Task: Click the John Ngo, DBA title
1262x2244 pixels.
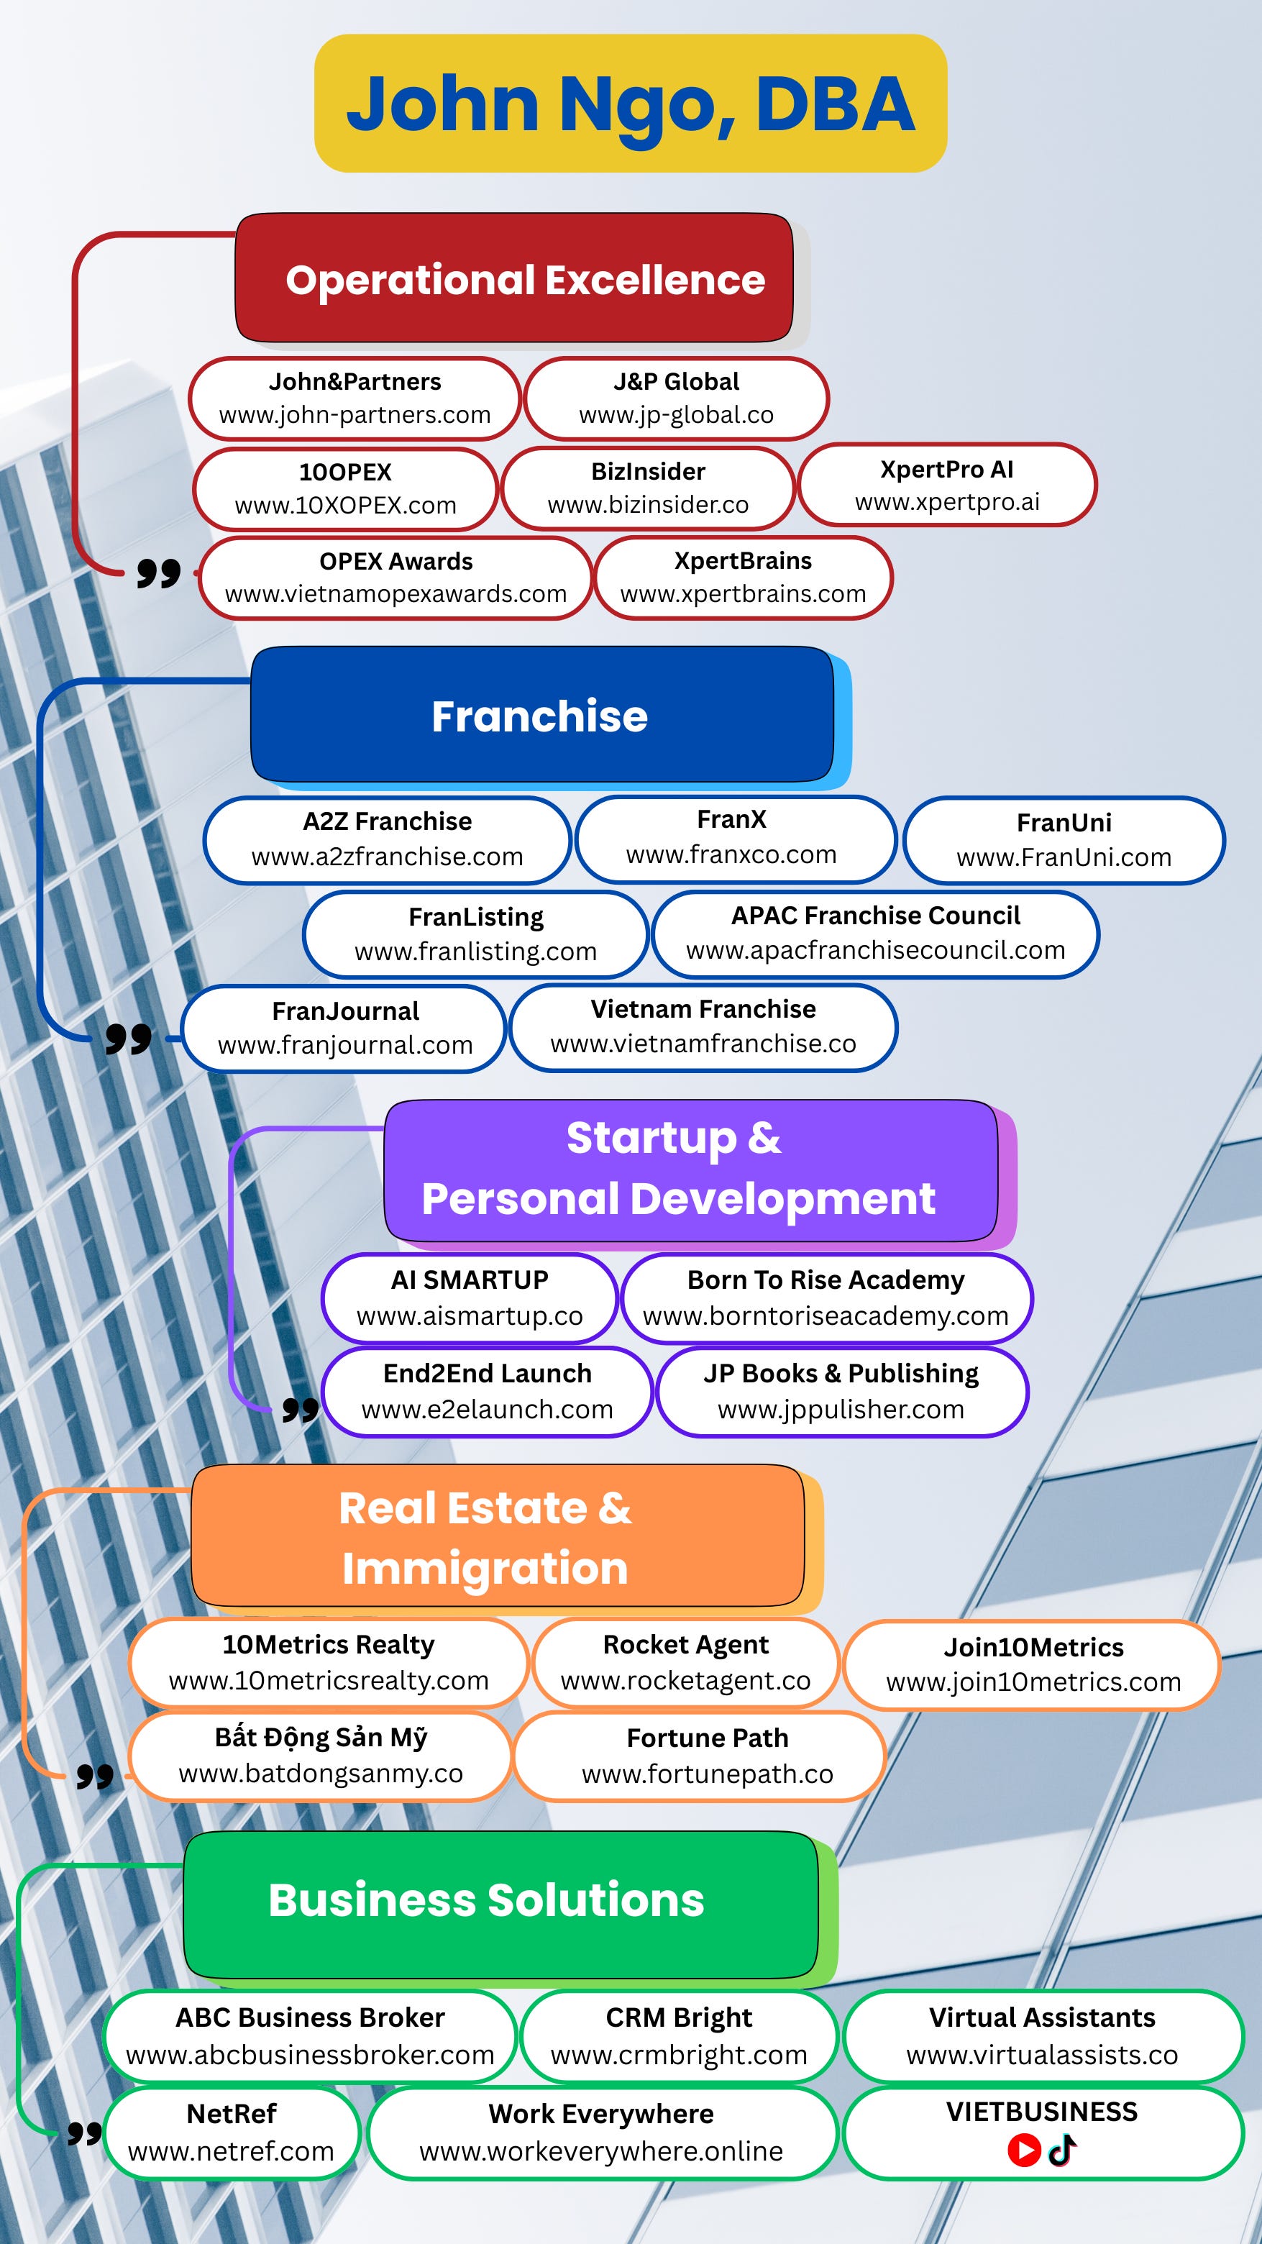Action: pyautogui.click(x=631, y=104)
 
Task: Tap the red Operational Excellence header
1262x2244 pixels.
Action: pyautogui.click(x=524, y=280)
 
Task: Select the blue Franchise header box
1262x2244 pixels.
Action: pyautogui.click(x=541, y=715)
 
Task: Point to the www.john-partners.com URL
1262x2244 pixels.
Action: pyautogui.click(x=355, y=415)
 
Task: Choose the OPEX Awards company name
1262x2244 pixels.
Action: pyautogui.click(x=395, y=561)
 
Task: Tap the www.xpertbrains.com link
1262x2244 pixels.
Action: pyautogui.click(x=743, y=594)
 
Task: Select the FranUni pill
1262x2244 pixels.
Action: pyautogui.click(x=1064, y=840)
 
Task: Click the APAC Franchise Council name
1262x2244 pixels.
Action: pyautogui.click(x=875, y=915)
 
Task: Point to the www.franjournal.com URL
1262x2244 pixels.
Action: pyautogui.click(x=345, y=1044)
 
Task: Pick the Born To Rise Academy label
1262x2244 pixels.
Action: pyautogui.click(x=826, y=1280)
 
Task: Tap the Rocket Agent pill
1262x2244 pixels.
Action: pyautogui.click(x=685, y=1662)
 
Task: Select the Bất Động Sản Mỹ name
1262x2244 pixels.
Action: pyautogui.click(x=321, y=1737)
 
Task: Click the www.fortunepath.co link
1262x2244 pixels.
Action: pyautogui.click(x=707, y=1774)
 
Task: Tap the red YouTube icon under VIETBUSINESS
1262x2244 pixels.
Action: pyautogui.click(x=1024, y=2150)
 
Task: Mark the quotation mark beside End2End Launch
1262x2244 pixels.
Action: pyautogui.click(x=301, y=1408)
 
